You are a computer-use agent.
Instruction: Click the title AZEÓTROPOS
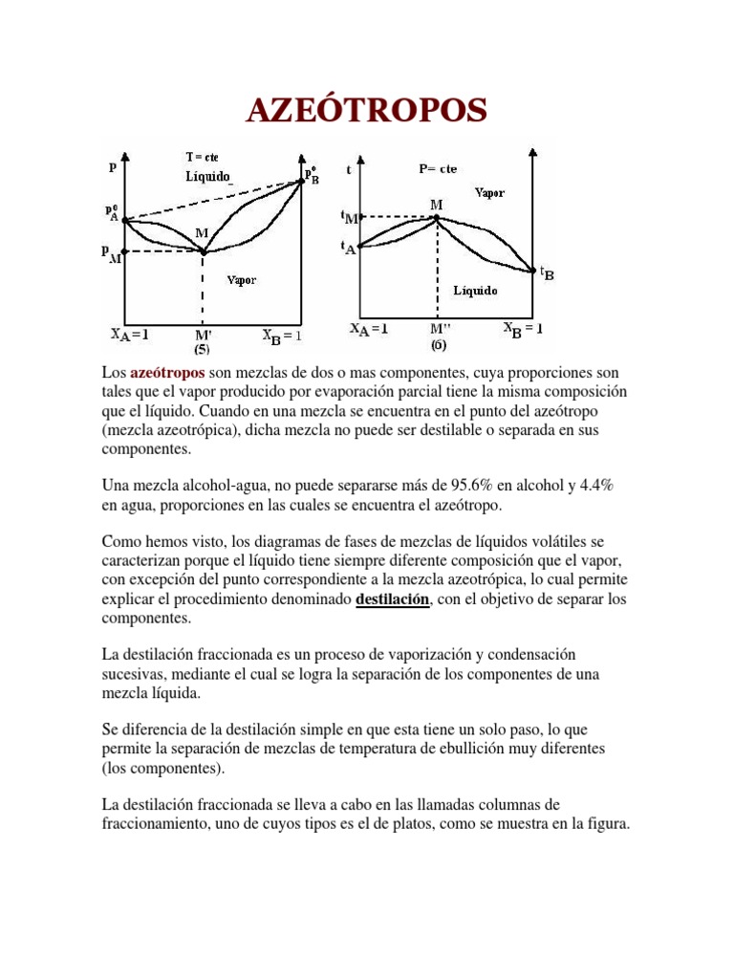tap(366, 111)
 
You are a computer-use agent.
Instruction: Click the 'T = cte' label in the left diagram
tap(202, 157)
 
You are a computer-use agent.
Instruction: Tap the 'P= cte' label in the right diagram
tap(438, 169)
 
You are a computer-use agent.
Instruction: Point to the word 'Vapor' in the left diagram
tap(241, 280)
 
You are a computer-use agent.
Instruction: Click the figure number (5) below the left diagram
tap(204, 349)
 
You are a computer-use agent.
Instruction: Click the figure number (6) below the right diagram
tap(438, 343)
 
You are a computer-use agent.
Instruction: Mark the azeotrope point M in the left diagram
tap(203, 251)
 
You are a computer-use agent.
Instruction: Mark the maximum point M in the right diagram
tap(437, 217)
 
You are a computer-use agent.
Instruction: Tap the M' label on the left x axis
tap(204, 336)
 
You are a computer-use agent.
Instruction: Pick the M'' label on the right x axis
tap(439, 329)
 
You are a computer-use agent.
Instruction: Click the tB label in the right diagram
tap(547, 273)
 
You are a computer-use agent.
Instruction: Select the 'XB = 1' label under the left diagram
tap(282, 336)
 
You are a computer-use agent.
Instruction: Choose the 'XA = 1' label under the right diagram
tap(369, 329)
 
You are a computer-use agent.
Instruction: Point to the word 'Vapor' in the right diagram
tap(489, 192)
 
